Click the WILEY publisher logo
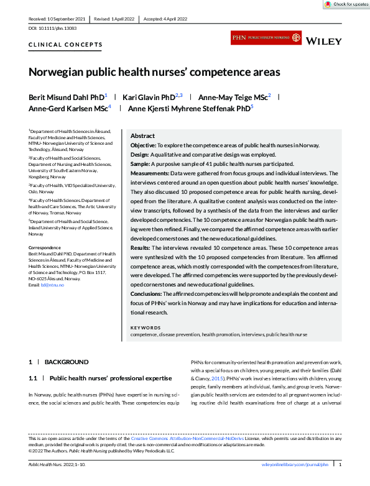pos(324,40)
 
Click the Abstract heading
pos(142,135)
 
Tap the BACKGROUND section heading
pos(67,362)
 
